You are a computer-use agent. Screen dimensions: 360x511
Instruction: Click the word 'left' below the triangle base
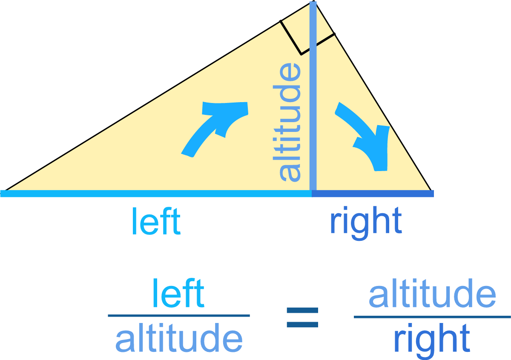[156, 221]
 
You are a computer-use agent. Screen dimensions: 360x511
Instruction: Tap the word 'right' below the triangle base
[365, 221]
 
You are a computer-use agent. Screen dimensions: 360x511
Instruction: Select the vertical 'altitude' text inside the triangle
[290, 123]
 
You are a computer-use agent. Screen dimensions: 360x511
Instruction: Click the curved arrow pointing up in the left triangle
[215, 126]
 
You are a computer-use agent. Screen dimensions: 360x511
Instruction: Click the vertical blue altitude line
[313, 106]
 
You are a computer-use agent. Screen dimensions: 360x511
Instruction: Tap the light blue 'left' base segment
[158, 194]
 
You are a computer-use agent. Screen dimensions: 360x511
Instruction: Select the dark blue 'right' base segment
[373, 194]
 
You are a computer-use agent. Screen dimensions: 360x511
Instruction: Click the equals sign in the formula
[302, 317]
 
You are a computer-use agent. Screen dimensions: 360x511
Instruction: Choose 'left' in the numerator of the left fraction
[178, 293]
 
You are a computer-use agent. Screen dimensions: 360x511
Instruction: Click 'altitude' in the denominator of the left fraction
[179, 339]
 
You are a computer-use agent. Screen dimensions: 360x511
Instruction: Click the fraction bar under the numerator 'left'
[179, 316]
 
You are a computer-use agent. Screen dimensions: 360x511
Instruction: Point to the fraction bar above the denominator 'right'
[432, 317]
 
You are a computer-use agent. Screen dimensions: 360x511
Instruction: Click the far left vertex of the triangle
[4, 192]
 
